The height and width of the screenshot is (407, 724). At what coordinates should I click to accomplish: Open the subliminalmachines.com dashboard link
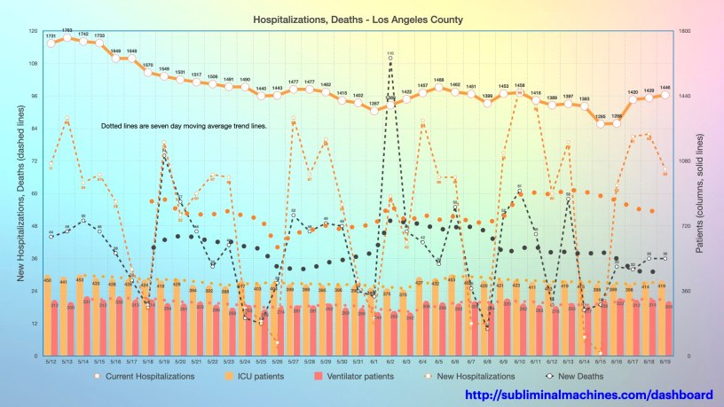pos(589,395)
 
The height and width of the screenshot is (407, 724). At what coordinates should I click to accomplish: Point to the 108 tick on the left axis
pos(34,64)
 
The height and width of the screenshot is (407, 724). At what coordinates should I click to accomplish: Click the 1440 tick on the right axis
pos(683,97)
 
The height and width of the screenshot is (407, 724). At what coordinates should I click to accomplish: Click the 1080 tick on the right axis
pos(683,161)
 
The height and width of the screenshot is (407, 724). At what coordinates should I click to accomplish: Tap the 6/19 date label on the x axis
pos(665,362)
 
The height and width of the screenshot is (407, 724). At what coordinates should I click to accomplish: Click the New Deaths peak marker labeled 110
pos(390,59)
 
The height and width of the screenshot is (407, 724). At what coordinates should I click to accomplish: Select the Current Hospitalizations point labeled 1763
pos(67,37)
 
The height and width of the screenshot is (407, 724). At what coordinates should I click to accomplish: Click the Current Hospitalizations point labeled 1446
pos(665,94)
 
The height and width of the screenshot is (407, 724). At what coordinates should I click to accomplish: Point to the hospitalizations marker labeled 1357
pos(374,110)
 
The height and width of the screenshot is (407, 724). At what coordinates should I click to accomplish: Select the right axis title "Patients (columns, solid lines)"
pos(701,192)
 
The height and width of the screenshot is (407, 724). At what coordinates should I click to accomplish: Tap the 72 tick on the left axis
pos(34,161)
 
